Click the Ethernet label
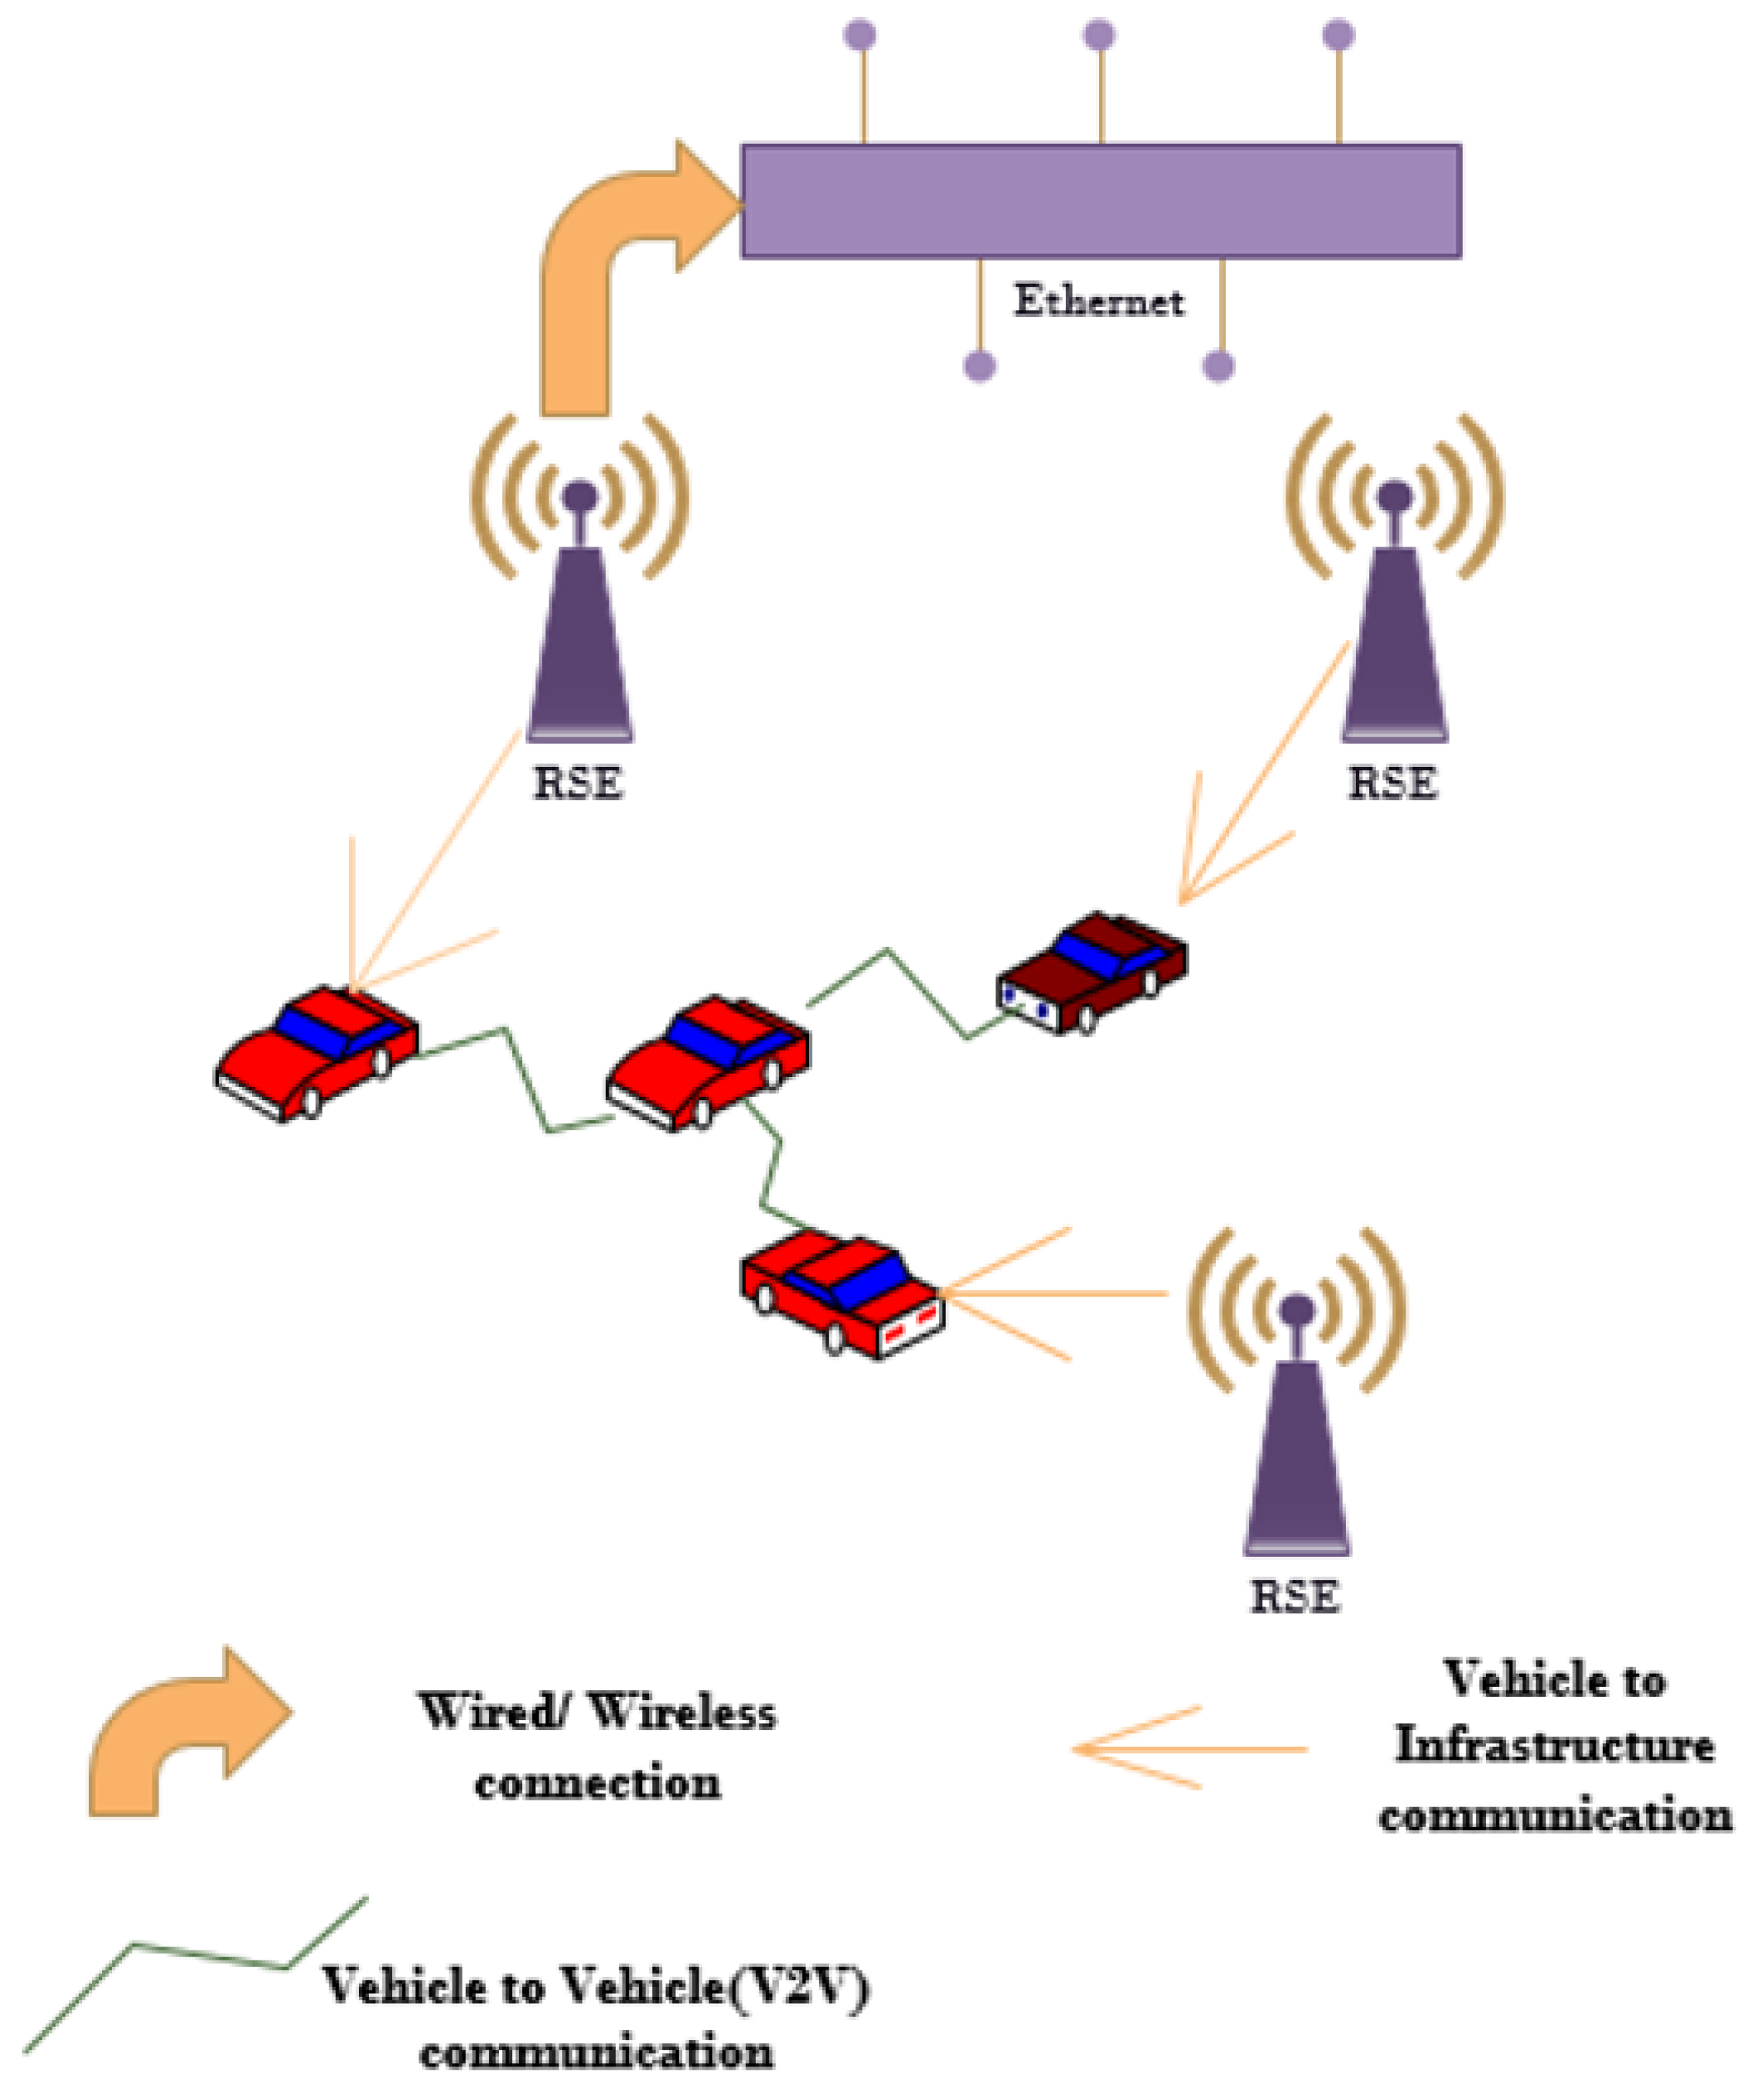[x=1098, y=300]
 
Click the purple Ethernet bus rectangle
[x=1101, y=200]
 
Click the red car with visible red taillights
[x=842, y=1291]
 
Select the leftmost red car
[x=317, y=1051]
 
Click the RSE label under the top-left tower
[x=578, y=783]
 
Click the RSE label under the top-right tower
[x=1392, y=783]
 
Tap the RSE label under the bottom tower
[x=1294, y=1596]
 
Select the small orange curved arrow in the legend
[x=179, y=1732]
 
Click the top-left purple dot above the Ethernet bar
[x=860, y=35]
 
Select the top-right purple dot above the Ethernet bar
[x=1338, y=35]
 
